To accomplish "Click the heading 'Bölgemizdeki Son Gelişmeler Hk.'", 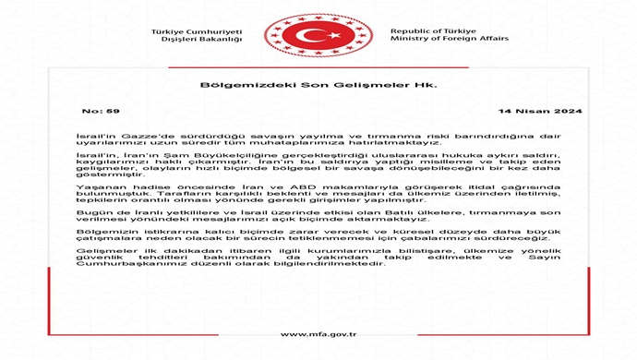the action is point(318,85).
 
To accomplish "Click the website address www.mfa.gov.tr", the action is point(318,334).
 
